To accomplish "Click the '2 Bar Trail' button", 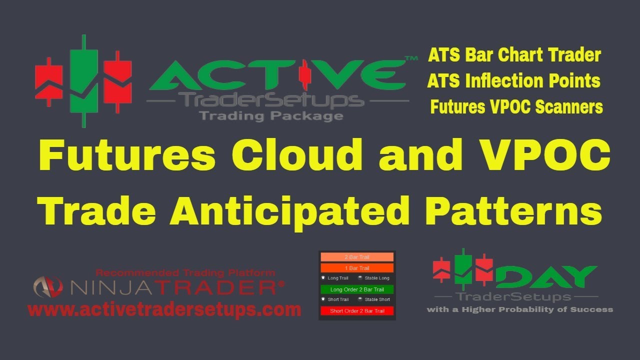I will tap(356, 257).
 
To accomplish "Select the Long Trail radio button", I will tap(323, 278).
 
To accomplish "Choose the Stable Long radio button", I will tap(360, 278).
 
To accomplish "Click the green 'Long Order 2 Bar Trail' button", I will tap(356, 289).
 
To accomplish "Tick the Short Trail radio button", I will tap(323, 299).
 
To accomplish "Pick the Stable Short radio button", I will tap(360, 299).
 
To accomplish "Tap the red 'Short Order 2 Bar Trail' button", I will tap(356, 311).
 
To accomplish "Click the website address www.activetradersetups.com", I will tap(164, 309).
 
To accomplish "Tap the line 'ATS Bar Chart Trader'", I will tap(514, 55).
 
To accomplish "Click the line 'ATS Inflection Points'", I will tap(513, 81).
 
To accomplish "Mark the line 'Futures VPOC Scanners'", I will tap(516, 107).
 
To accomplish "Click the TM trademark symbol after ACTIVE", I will tap(410, 59).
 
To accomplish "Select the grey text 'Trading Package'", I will tap(271, 116).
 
